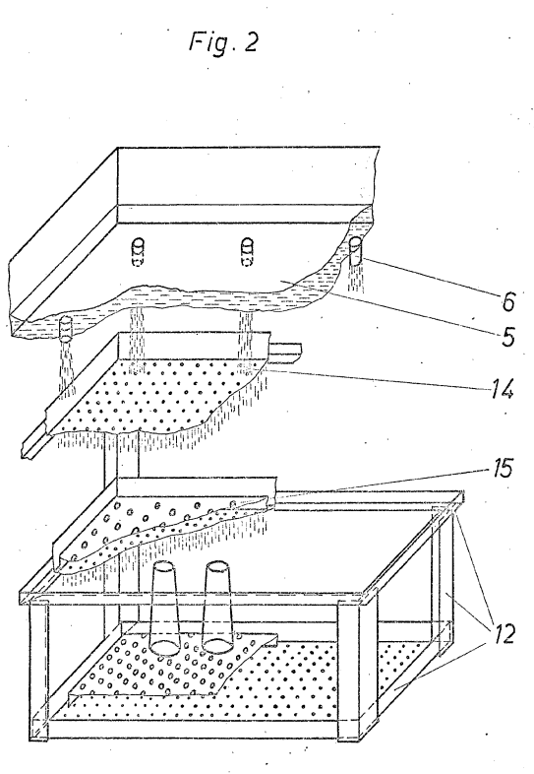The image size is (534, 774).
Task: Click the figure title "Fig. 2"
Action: click(223, 41)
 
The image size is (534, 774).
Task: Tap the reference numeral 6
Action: click(508, 300)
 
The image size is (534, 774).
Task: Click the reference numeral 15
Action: click(501, 468)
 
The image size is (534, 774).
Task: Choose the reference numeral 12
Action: click(503, 633)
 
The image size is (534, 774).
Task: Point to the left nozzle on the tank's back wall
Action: click(139, 251)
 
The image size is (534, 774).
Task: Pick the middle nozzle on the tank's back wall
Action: click(247, 251)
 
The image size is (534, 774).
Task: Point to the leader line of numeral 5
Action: click(390, 308)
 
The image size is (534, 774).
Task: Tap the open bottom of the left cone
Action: click(165, 648)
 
